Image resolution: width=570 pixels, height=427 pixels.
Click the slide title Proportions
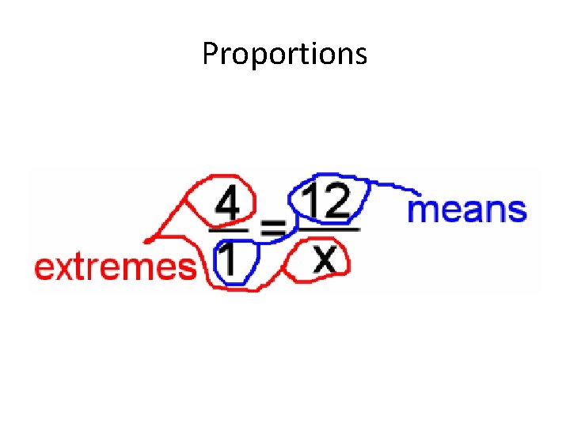(x=284, y=54)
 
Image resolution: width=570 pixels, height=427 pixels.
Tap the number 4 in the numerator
(x=228, y=205)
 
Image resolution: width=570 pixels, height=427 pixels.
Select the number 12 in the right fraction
(x=326, y=203)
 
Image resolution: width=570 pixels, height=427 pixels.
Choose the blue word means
(x=466, y=210)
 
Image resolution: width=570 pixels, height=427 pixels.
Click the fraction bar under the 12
(x=327, y=230)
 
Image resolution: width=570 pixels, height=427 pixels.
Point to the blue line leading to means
(x=392, y=187)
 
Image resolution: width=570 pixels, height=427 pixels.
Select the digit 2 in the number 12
(x=336, y=203)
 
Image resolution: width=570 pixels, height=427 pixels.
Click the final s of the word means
(x=517, y=211)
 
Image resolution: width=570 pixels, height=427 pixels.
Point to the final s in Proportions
(x=361, y=55)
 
